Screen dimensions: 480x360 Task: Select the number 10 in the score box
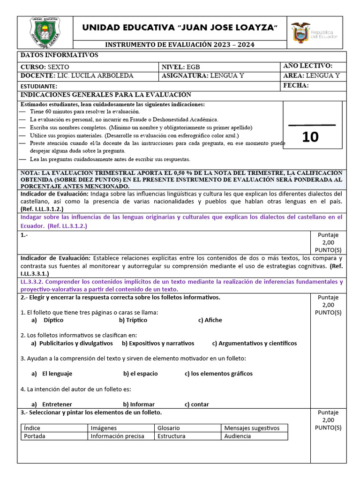coord(310,137)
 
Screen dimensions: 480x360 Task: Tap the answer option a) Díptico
coord(47,320)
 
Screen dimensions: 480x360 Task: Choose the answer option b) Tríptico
coord(133,320)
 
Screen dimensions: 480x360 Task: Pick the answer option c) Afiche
coord(210,320)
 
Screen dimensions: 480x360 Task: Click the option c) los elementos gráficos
coord(218,374)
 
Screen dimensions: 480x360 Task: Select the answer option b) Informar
coord(139,404)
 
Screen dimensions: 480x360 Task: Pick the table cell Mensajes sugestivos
coord(252,428)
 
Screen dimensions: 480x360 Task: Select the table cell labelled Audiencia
coord(238,436)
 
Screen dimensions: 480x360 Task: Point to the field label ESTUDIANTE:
coord(39,86)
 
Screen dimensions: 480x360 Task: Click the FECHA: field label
coord(296,85)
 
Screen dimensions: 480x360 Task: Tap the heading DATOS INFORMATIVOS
coord(59,55)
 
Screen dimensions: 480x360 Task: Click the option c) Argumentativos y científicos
coord(254,343)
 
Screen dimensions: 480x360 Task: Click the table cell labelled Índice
coord(32,428)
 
